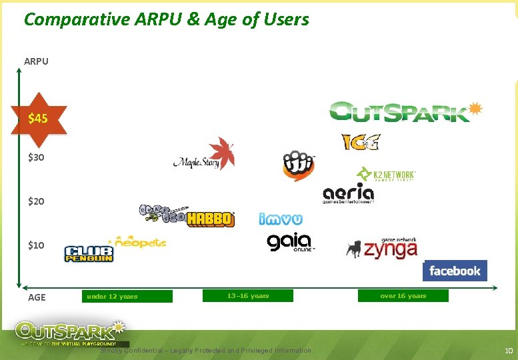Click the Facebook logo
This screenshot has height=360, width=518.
pyautogui.click(x=455, y=271)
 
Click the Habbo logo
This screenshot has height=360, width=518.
pyautogui.click(x=210, y=219)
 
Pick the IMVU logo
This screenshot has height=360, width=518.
pyautogui.click(x=281, y=218)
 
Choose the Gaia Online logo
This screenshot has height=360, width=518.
pyautogui.click(x=290, y=243)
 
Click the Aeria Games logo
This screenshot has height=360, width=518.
pyautogui.click(x=348, y=193)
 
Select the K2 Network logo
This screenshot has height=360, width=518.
pyautogui.click(x=386, y=175)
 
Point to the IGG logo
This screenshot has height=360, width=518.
pyautogui.click(x=360, y=142)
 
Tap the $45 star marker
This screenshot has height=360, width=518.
pyautogui.click(x=37, y=119)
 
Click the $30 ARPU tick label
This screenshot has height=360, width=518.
pyautogui.click(x=36, y=158)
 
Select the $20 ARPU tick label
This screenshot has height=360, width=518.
pyautogui.click(x=36, y=201)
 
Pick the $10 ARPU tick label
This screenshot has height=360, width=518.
pyautogui.click(x=36, y=245)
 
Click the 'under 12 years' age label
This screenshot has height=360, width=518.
pyautogui.click(x=112, y=296)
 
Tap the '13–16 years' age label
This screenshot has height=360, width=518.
pyautogui.click(x=248, y=295)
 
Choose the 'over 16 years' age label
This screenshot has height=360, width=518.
pyautogui.click(x=403, y=295)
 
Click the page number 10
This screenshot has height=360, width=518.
pyautogui.click(x=508, y=351)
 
